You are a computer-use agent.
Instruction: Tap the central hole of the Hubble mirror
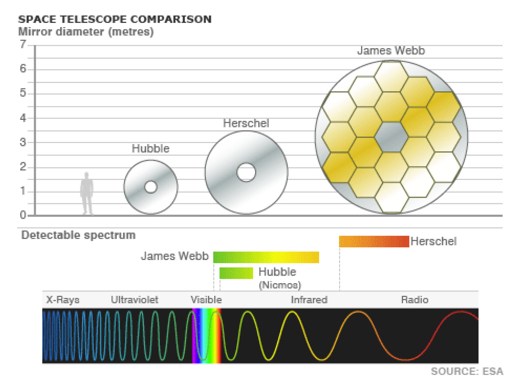tap(151, 186)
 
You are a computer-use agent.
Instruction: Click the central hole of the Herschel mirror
tap(246, 172)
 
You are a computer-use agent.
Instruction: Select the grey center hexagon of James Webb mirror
tap(391, 137)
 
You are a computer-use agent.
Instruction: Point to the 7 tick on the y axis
tap(23, 44)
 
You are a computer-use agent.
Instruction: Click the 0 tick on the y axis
tap(23, 215)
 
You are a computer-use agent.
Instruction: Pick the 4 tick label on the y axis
tap(23, 118)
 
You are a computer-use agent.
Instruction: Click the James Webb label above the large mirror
tap(391, 50)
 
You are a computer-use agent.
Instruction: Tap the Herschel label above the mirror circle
tap(246, 123)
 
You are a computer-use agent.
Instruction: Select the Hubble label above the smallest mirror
tap(151, 148)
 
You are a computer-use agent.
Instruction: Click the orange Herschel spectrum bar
tap(374, 242)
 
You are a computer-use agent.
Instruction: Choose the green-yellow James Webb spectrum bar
tap(266, 257)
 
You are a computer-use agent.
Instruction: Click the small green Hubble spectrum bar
tap(236, 273)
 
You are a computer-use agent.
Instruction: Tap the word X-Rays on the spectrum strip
tap(63, 300)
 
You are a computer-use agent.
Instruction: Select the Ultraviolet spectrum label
tap(135, 300)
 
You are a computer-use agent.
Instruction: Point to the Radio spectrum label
tap(415, 300)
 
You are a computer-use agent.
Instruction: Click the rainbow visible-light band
tap(207, 336)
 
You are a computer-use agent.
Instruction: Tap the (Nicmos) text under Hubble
tap(280, 285)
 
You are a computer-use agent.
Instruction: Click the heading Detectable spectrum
tap(79, 235)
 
